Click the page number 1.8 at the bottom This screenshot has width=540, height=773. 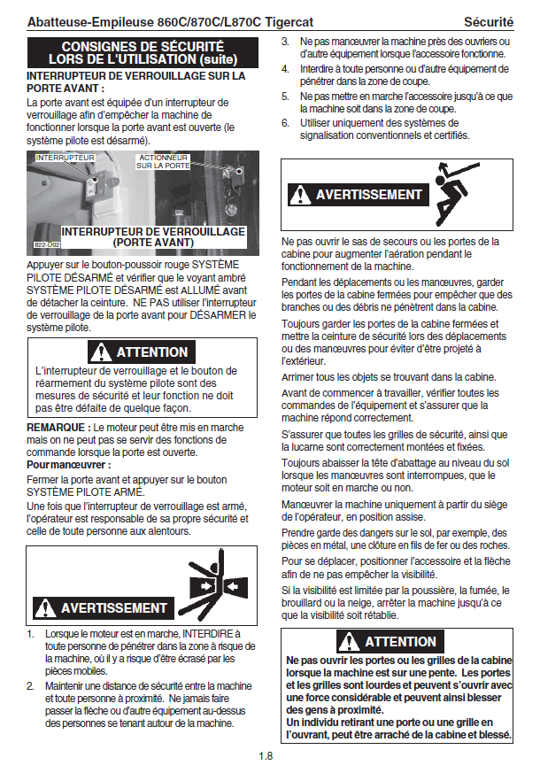266,756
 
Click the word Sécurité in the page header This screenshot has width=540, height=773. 489,22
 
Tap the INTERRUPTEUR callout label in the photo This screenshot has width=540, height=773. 65,158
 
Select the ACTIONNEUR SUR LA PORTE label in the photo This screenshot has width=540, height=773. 163,162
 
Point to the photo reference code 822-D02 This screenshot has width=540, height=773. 47,244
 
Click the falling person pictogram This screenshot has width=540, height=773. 455,193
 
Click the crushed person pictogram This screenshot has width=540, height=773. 214,584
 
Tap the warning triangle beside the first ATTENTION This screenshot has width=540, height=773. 101,352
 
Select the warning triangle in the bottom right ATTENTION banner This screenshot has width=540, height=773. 349,641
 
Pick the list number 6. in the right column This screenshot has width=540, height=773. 285,123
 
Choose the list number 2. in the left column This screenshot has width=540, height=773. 31,685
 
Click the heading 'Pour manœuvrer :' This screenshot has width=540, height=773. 68,464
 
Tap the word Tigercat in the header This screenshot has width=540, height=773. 289,22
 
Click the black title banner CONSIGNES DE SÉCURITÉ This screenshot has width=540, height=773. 143,53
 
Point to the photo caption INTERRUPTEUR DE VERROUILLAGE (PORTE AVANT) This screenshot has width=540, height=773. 153,237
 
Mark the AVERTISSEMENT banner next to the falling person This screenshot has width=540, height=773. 359,194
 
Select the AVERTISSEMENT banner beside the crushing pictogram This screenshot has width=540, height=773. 104,607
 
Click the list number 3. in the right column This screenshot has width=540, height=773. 285,42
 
